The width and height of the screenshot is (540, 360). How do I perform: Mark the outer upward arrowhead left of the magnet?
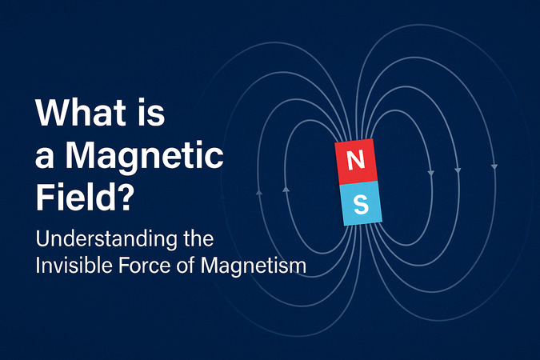pos(258,193)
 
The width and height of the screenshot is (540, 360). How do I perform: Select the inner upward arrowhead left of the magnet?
pos(286,189)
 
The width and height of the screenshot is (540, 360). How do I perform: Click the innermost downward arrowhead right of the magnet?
pos(431,173)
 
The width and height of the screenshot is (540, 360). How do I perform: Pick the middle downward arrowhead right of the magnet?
pos(458,170)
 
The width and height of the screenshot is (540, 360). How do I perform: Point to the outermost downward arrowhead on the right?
pos(494,166)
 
